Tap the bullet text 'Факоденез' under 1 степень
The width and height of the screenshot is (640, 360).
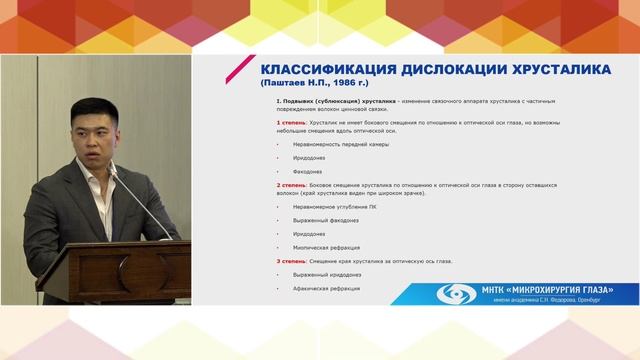coord(303,171)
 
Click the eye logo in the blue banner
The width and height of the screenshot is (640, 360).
coord(458,295)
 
